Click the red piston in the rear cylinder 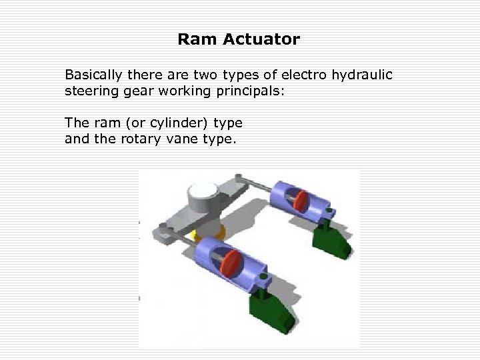(x=303, y=201)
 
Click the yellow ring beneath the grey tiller (x=195, y=235)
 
